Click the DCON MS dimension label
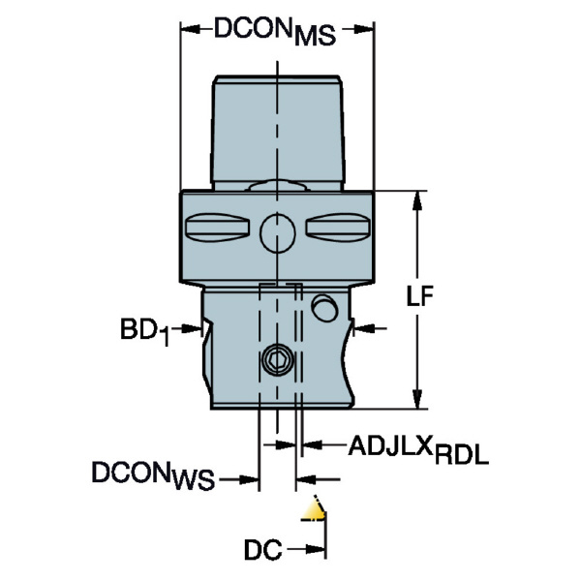pyautogui.click(x=275, y=32)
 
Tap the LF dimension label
pyautogui.click(x=419, y=295)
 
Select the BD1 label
pyautogui.click(x=145, y=331)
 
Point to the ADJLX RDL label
pyautogui.click(x=418, y=449)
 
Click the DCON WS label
pyautogui.click(x=153, y=475)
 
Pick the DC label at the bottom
pyautogui.click(x=263, y=549)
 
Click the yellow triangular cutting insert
pyautogui.click(x=314, y=510)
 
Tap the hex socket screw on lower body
pyautogui.click(x=278, y=359)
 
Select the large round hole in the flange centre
pyautogui.click(x=278, y=233)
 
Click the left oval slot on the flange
pyautogui.click(x=216, y=228)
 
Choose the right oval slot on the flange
pyautogui.click(x=338, y=228)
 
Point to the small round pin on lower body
pyautogui.click(x=324, y=308)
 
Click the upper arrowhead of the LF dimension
pyautogui.click(x=417, y=200)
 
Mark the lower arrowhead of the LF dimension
pyautogui.click(x=417, y=399)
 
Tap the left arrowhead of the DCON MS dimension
pyautogui.click(x=191, y=29)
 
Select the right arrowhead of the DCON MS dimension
pyautogui.click(x=364, y=29)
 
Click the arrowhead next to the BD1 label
pyautogui.click(x=193, y=328)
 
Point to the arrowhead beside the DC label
pyautogui.click(x=316, y=549)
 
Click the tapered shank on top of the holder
pyautogui.click(x=278, y=133)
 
